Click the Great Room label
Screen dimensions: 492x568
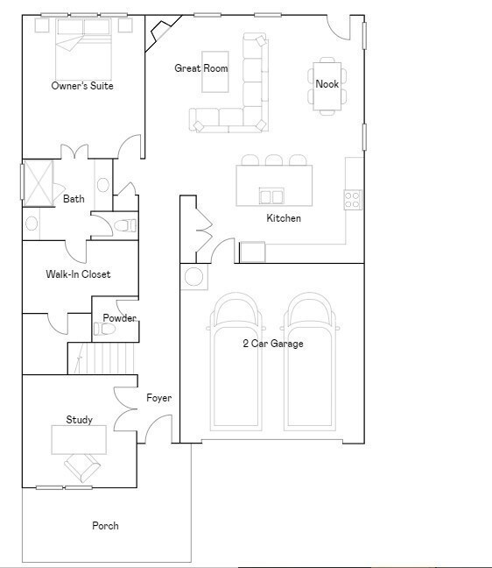[x=201, y=68]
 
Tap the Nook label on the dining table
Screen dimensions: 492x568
[x=327, y=84]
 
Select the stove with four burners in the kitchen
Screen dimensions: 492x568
[x=353, y=200]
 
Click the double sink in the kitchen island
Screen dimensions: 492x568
[x=271, y=196]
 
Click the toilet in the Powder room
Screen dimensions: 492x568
[x=104, y=329]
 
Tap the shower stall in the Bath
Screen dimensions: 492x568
[x=38, y=183]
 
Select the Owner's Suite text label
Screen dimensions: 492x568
[x=82, y=86]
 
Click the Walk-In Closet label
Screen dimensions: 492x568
[x=78, y=274]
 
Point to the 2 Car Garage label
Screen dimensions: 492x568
[x=273, y=344]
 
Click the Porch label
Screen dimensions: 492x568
[x=105, y=526]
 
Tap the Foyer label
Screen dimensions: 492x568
[x=158, y=398]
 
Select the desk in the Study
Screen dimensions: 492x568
[x=79, y=440]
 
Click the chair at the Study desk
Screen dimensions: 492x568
[x=82, y=468]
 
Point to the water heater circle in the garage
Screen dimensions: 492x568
[x=193, y=277]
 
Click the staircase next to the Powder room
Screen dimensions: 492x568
[x=102, y=359]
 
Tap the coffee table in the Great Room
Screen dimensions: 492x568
[x=214, y=72]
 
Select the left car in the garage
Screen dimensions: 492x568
[x=235, y=361]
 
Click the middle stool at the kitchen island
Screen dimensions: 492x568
[x=274, y=160]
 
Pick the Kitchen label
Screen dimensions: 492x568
[x=284, y=218]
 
